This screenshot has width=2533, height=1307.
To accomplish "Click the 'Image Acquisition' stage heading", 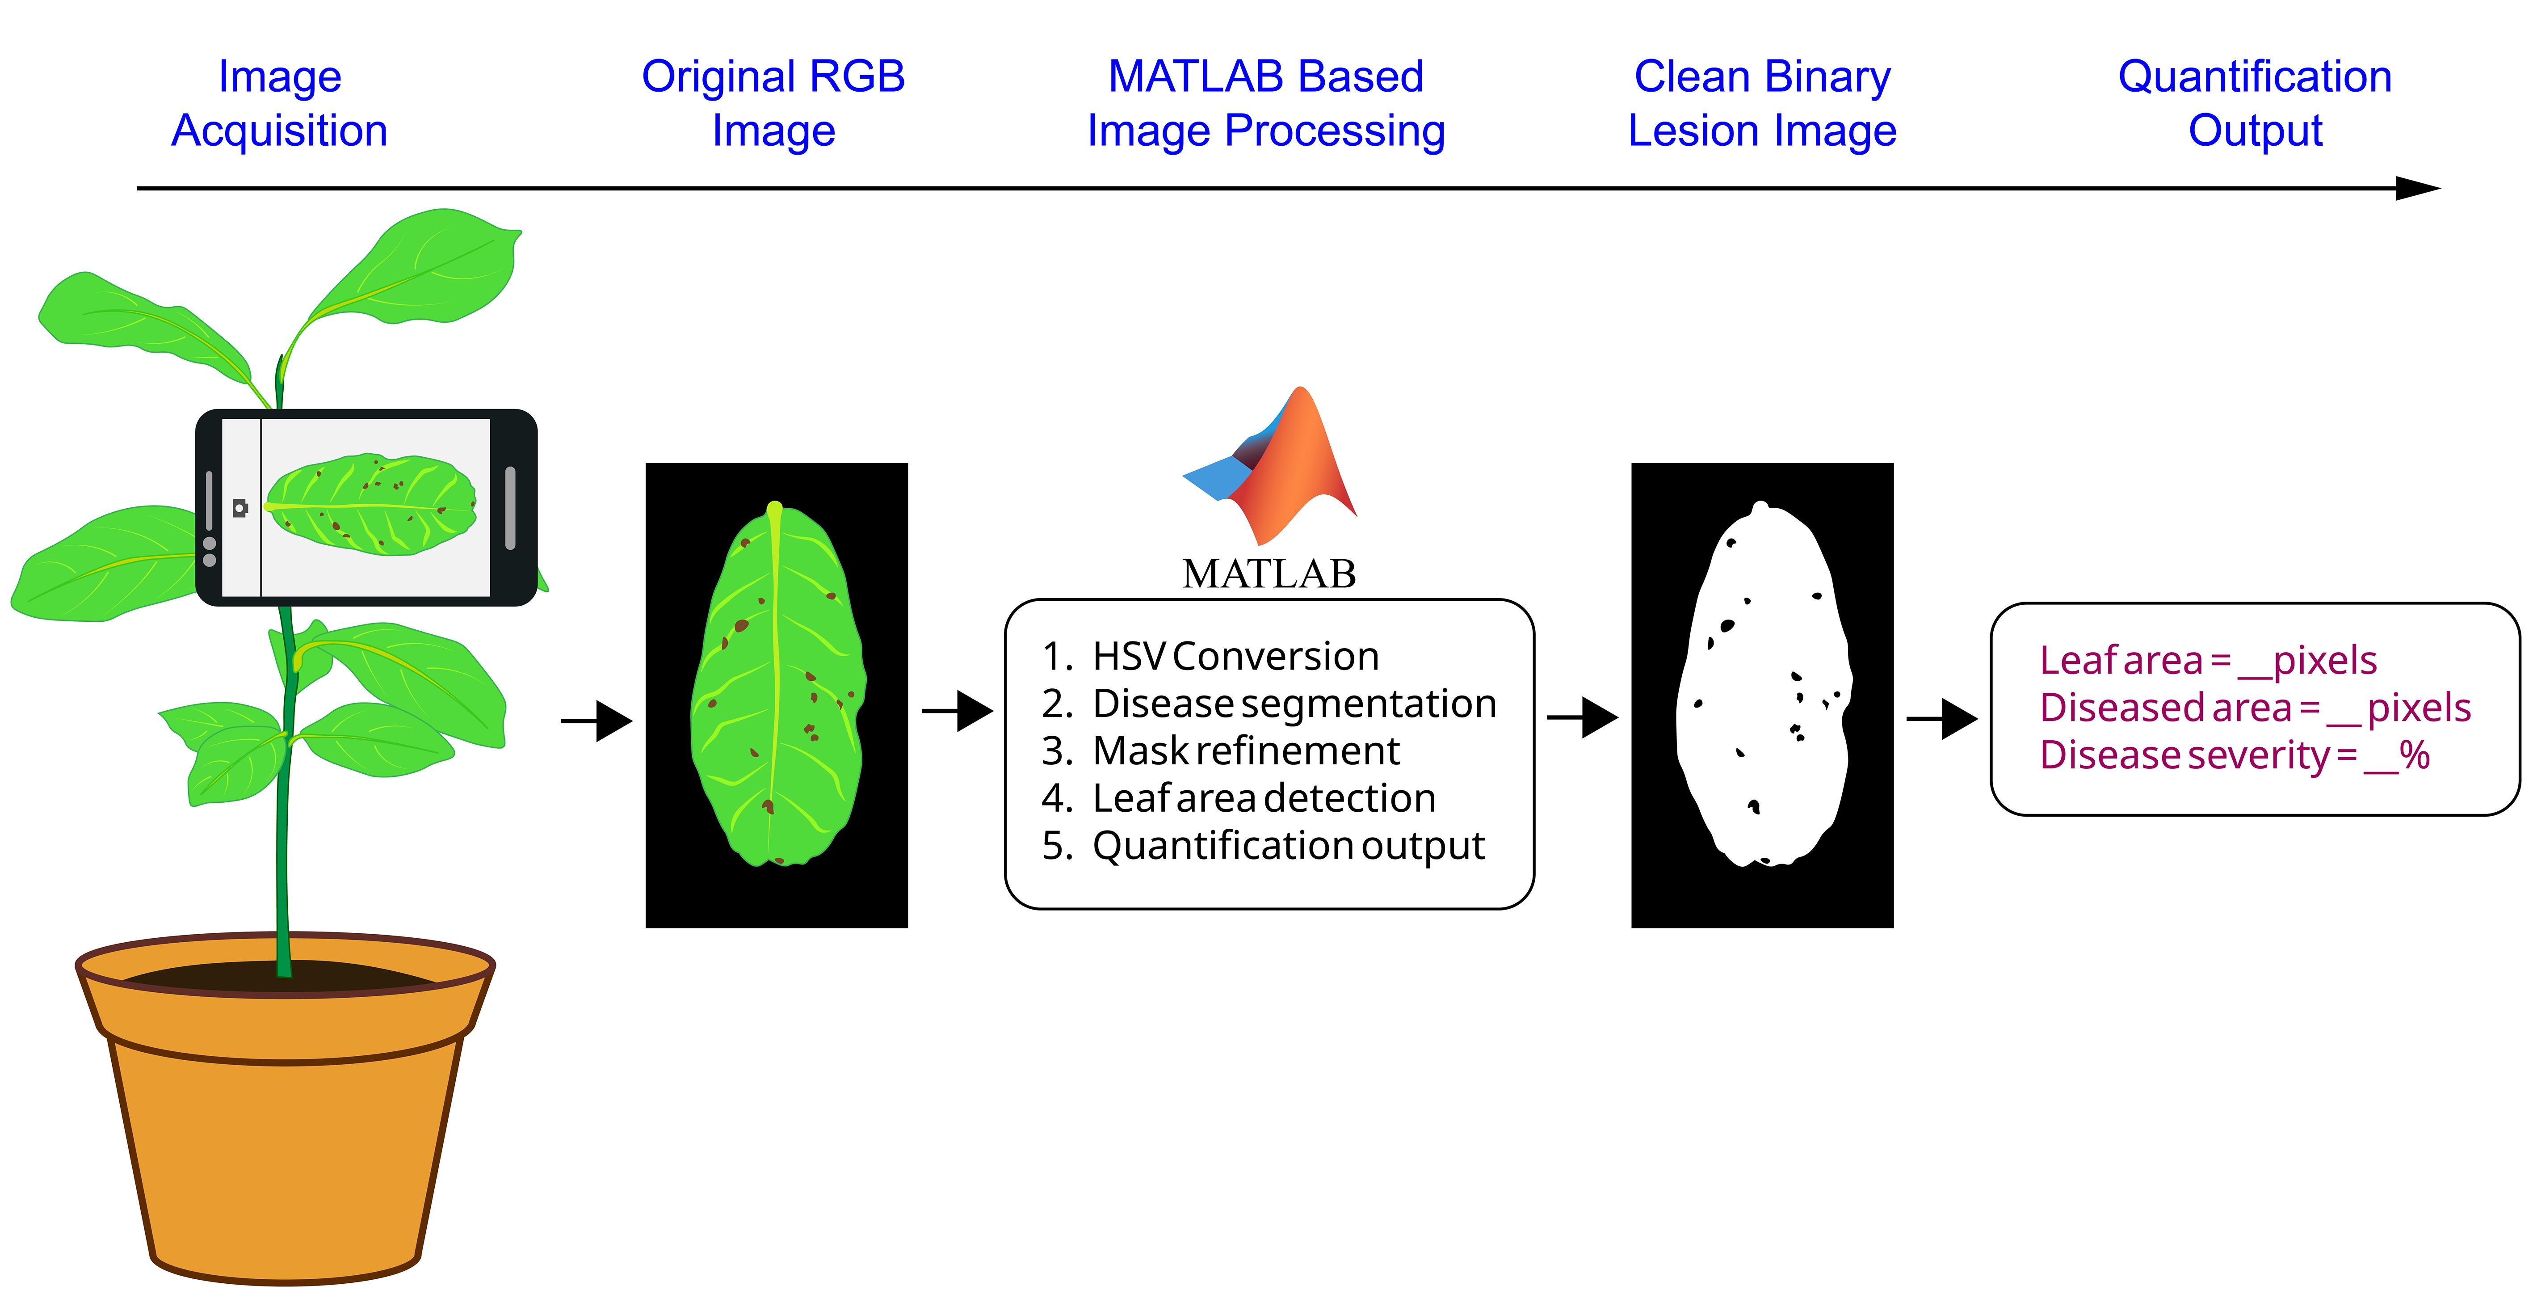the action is (279, 103).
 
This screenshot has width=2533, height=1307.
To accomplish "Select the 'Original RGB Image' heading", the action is (773, 103).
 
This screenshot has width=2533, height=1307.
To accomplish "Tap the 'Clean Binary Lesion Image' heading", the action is (1762, 103).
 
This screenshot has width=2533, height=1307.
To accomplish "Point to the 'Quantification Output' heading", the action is (2255, 103).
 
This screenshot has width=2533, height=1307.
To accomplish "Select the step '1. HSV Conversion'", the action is (1210, 656).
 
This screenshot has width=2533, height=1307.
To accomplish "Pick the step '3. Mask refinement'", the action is (1220, 750).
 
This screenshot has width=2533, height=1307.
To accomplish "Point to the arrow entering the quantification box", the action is (1942, 719).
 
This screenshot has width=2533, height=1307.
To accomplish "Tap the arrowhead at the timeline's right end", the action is (2418, 188).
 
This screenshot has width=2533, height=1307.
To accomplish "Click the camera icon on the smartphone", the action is (240, 507).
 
